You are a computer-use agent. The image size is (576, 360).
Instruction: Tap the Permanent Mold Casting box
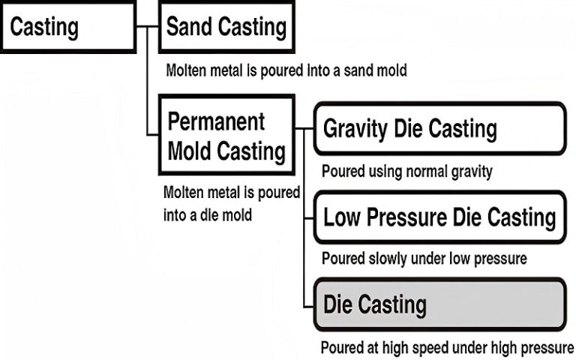click(226, 136)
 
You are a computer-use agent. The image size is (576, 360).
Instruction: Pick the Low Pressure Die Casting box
click(439, 217)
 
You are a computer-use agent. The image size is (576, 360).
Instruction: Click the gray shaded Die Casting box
click(439, 304)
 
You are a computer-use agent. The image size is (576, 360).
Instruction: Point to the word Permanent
click(217, 121)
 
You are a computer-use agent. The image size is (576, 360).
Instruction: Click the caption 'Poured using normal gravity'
click(407, 171)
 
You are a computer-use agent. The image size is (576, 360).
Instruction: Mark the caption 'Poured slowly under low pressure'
click(424, 259)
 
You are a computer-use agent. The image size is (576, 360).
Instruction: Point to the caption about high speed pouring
click(447, 348)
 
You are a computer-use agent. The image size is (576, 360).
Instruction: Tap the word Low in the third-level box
click(342, 217)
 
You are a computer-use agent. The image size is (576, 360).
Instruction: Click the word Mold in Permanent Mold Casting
click(190, 151)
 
